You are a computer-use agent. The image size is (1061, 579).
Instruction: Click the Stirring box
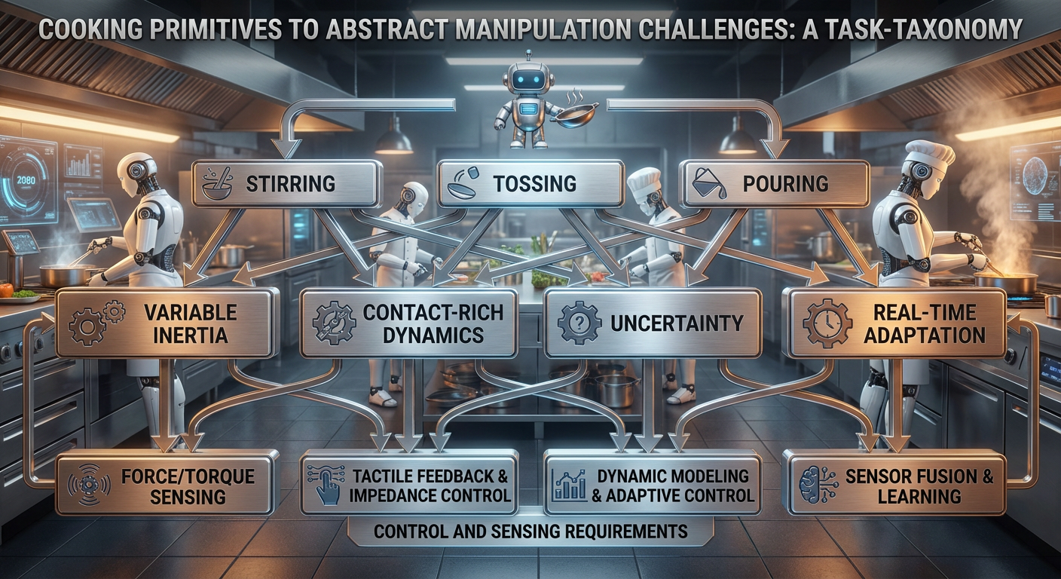pyautogui.click(x=286, y=183)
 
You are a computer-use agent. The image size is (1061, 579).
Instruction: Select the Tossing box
pyautogui.click(x=530, y=183)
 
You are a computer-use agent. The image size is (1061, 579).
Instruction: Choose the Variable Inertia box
pyautogui.click(x=166, y=323)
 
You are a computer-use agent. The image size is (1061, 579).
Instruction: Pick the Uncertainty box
pyautogui.click(x=653, y=323)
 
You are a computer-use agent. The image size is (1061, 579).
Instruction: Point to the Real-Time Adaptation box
pyautogui.click(x=894, y=323)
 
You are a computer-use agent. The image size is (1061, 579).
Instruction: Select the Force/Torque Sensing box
pyautogui.click(x=166, y=485)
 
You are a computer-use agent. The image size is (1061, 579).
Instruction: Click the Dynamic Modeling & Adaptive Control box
pyautogui.click(x=653, y=485)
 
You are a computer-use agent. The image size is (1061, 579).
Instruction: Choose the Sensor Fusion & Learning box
pyautogui.click(x=894, y=485)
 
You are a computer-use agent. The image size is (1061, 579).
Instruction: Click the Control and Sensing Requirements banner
pyautogui.click(x=530, y=532)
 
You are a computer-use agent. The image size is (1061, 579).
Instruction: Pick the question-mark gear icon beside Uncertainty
pyautogui.click(x=578, y=323)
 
